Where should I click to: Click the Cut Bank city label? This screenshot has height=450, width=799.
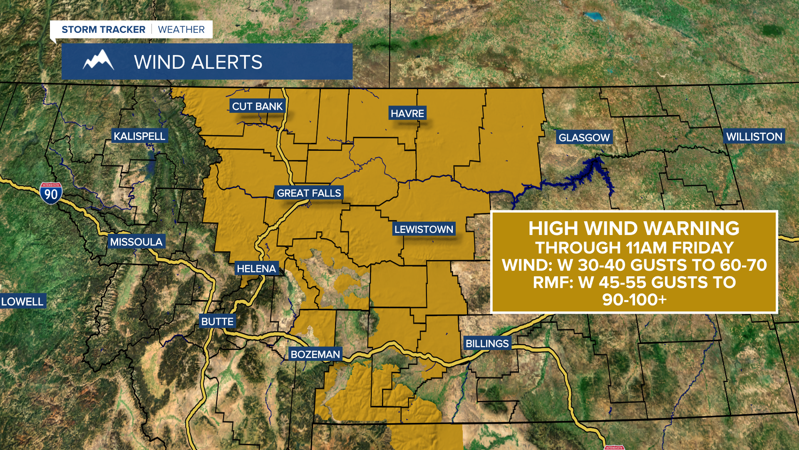coord(257,107)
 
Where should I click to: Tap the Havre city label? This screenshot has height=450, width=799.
coord(407,113)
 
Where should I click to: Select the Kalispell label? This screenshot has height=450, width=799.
coord(139,136)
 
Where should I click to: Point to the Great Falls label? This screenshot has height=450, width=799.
coord(309,193)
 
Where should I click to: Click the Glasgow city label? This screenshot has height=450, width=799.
coord(584,137)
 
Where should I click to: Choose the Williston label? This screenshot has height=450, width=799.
coord(754,137)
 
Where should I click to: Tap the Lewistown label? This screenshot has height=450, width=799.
coord(424,229)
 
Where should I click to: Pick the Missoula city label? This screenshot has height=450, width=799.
coord(136,242)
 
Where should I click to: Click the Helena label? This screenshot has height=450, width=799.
coord(256,269)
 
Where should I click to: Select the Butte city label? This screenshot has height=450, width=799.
coord(217,322)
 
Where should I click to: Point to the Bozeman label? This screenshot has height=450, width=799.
coord(315,355)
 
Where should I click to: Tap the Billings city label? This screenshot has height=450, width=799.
coord(487,344)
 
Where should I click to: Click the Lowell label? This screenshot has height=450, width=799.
coord(22,301)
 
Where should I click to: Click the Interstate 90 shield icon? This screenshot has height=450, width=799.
coord(51,193)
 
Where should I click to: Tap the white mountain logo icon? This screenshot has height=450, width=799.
coord(98,60)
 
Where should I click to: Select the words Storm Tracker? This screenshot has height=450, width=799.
coord(103,30)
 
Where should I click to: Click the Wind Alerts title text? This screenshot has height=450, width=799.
coord(198,62)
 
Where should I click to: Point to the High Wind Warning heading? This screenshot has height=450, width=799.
coord(634,228)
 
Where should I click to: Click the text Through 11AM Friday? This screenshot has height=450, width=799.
coord(634,248)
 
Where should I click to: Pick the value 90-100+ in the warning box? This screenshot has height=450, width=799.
coord(634,300)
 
